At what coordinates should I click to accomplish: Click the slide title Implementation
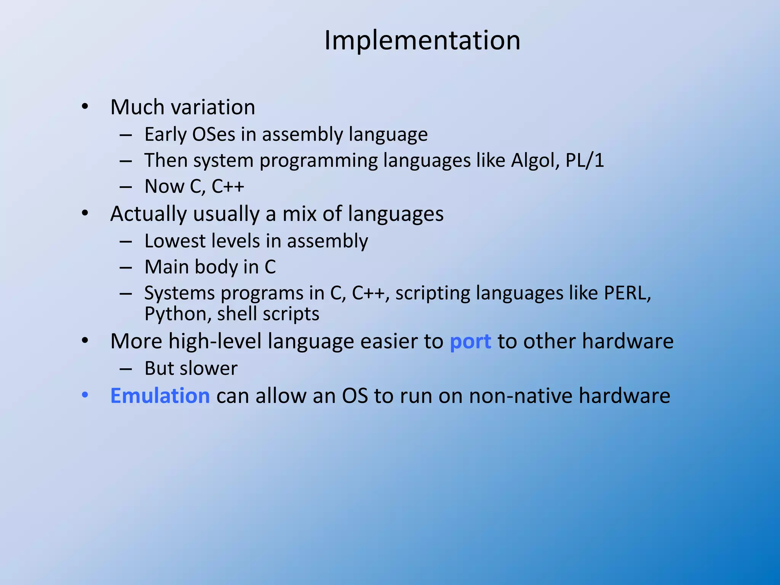click(x=422, y=40)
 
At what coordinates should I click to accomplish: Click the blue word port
click(x=470, y=342)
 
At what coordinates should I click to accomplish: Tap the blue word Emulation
click(x=160, y=396)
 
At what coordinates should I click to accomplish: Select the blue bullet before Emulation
click(x=85, y=395)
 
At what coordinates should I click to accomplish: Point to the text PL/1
click(x=585, y=160)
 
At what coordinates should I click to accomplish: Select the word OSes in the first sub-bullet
click(x=214, y=134)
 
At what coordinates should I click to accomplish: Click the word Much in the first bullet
click(x=137, y=107)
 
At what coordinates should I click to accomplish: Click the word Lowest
click(x=175, y=241)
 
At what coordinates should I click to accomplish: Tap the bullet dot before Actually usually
click(x=85, y=213)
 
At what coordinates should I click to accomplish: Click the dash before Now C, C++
click(x=126, y=187)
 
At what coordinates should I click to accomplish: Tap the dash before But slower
click(x=126, y=369)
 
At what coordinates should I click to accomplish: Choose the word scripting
click(x=432, y=294)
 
